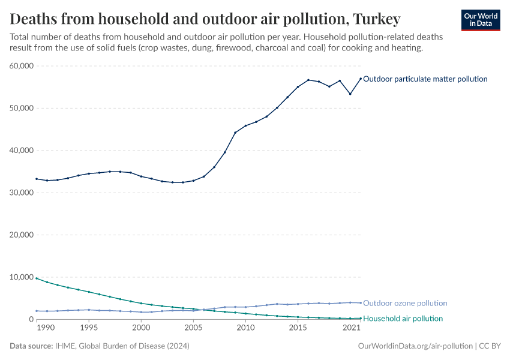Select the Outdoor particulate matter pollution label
425,79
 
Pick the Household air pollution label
403,319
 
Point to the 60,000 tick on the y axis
21,66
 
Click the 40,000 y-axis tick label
21,151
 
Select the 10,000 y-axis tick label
21,277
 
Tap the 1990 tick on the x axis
47,329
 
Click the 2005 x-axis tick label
193,329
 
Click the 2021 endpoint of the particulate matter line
361,79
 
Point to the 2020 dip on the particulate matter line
350,94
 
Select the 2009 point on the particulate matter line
235,133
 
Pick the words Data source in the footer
31,346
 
